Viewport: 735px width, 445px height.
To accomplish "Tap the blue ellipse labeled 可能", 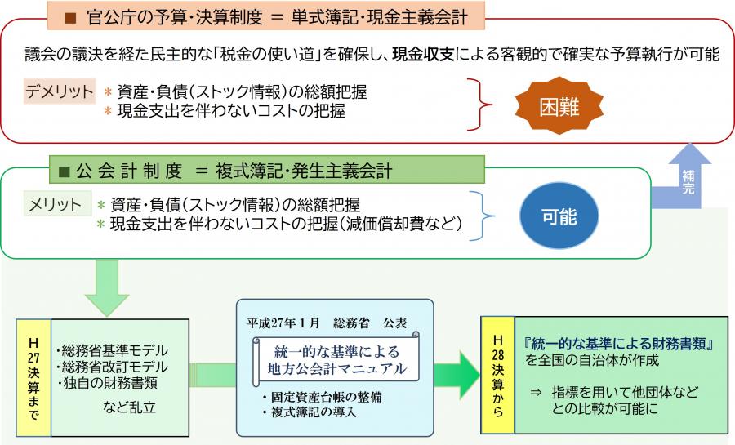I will (x=559, y=216).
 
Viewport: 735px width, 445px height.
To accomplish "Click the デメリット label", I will (x=59, y=91).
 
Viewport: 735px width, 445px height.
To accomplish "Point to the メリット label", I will (x=56, y=203).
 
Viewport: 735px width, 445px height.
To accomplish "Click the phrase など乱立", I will (x=131, y=405).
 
